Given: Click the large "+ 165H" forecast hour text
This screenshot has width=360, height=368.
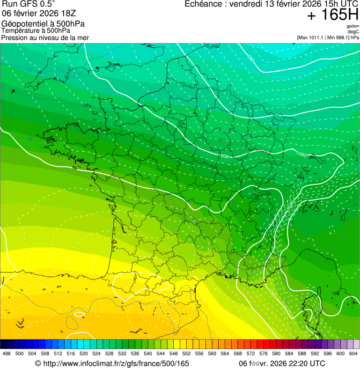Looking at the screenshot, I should click(332, 15).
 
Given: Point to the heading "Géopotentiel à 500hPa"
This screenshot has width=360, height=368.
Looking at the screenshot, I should click(43, 23).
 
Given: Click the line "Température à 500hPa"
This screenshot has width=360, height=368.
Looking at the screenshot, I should click(36, 30).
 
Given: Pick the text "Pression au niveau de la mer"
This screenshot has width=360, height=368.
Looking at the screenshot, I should click(45, 37).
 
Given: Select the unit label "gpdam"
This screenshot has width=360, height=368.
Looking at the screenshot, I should click(353, 26).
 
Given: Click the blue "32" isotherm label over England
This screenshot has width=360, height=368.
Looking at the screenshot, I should click(30, 70).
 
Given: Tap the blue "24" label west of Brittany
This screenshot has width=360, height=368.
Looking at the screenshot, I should click(30, 139).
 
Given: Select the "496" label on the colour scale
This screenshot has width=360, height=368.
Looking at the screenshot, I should click(7, 353).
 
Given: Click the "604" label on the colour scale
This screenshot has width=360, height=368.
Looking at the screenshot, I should click(353, 353).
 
